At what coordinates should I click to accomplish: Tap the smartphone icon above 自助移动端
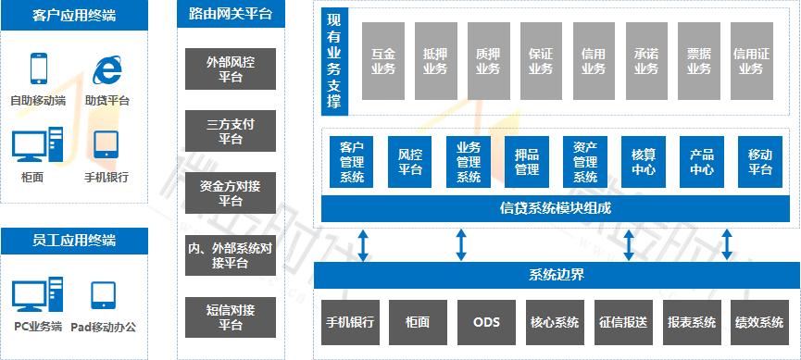click(39, 69)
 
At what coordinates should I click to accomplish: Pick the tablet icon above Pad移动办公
click(103, 294)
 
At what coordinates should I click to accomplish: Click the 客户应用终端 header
click(74, 15)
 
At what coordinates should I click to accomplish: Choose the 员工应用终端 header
click(74, 241)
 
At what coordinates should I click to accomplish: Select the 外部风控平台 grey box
click(231, 69)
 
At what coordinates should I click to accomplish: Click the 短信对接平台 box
click(231, 317)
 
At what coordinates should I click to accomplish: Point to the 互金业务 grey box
click(383, 62)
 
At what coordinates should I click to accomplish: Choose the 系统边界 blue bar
click(556, 275)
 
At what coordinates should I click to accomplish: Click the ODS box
click(486, 322)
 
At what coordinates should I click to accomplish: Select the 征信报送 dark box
click(623, 322)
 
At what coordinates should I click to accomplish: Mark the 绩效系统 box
click(759, 322)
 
